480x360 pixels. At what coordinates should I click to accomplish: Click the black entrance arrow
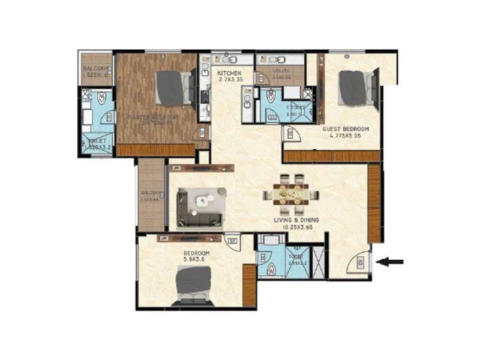click(x=393, y=261)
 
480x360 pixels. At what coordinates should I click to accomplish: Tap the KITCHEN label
click(x=229, y=73)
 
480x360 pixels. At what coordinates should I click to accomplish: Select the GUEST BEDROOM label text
click(x=345, y=129)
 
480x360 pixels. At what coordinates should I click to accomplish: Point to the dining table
click(x=290, y=194)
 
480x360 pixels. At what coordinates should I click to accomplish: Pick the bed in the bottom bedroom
click(x=193, y=286)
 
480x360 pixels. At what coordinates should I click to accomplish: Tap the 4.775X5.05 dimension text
click(x=345, y=136)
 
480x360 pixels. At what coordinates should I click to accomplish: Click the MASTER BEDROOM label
click(x=153, y=116)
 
